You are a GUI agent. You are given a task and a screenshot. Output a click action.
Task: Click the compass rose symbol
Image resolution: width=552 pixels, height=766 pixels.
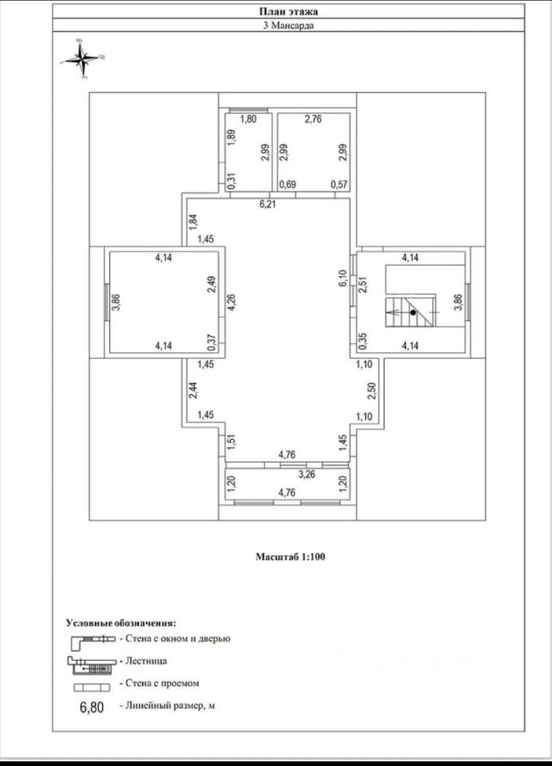pos(83,58)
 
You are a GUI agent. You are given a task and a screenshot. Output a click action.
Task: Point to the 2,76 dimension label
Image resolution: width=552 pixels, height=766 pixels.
pos(313,120)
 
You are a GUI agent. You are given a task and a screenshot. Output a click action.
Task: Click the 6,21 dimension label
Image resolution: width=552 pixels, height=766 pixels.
pos(267,204)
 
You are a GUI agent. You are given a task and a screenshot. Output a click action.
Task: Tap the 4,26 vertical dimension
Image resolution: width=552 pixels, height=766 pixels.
pos(232,305)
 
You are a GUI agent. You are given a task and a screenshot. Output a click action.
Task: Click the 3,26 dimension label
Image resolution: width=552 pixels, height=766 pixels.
pos(306,474)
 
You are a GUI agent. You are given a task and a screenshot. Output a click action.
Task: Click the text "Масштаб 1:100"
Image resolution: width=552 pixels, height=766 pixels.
pos(290,557)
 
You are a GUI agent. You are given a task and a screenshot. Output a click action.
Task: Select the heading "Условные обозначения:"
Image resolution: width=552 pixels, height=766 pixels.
pos(120,622)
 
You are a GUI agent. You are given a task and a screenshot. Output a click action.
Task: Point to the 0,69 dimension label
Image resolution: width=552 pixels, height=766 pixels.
pos(286,186)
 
